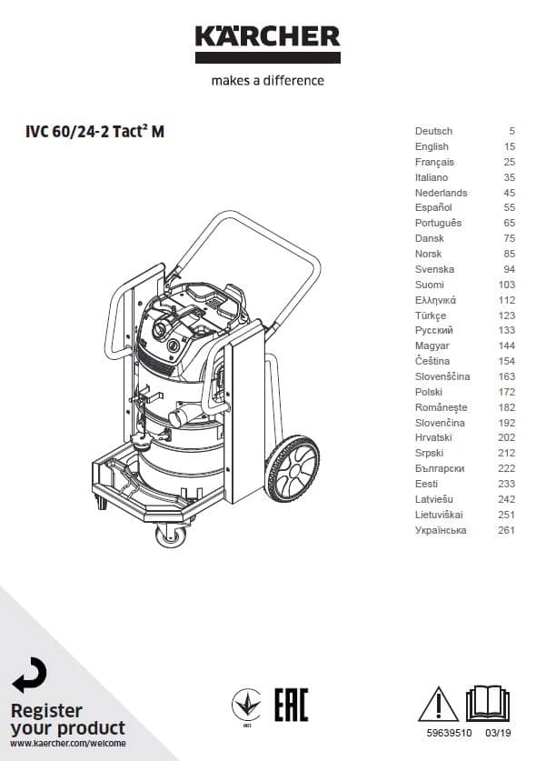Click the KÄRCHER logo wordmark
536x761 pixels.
point(268,36)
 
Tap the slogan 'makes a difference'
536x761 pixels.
point(268,80)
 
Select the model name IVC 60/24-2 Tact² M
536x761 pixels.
point(94,131)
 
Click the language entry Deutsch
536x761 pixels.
point(433,131)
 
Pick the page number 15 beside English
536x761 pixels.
point(510,146)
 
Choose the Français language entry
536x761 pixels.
point(434,162)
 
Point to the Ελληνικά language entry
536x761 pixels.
point(435,300)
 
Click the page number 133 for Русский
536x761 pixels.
point(507,331)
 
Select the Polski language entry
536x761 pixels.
point(429,392)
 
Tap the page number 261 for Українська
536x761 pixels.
point(506,530)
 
